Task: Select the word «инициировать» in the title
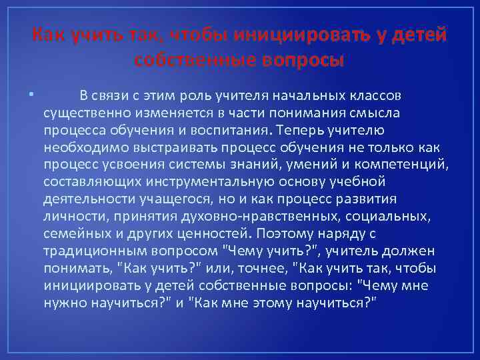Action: coord(293,35)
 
